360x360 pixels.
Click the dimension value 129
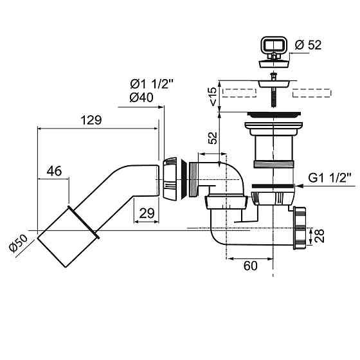click(91, 120)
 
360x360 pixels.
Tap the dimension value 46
click(54, 171)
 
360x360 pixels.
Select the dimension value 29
click(147, 213)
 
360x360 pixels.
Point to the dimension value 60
click(250, 266)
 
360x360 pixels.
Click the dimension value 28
click(319, 235)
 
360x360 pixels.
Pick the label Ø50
click(18, 244)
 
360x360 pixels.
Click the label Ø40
click(141, 98)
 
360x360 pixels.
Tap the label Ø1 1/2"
click(151, 84)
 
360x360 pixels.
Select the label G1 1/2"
click(330, 177)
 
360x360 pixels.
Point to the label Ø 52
click(308, 45)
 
